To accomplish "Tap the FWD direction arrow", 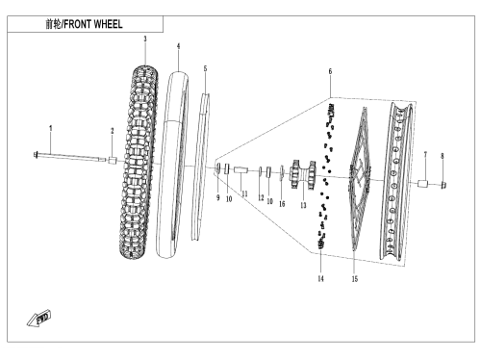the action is tap(38, 319).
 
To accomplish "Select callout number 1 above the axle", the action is tap(50, 128).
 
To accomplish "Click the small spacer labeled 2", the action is tap(113, 160).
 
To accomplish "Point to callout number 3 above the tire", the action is tap(145, 39).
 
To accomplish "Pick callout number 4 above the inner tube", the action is tap(178, 46).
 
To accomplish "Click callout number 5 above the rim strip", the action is tap(205, 68).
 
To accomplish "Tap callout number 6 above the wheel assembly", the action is tap(330, 71).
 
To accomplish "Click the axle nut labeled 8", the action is tap(443, 185).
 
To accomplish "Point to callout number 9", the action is tap(218, 197).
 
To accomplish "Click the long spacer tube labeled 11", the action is tap(241, 169).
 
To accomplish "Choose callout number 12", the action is tap(261, 197).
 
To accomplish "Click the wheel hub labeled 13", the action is tap(303, 175).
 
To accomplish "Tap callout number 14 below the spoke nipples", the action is tap(320, 278).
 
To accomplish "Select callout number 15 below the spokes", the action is tap(355, 279).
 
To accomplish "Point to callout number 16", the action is tap(282, 204).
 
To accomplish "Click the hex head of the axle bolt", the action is tap(36, 155).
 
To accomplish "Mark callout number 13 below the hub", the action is tap(303, 205).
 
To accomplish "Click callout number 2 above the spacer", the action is tap(113, 131).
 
